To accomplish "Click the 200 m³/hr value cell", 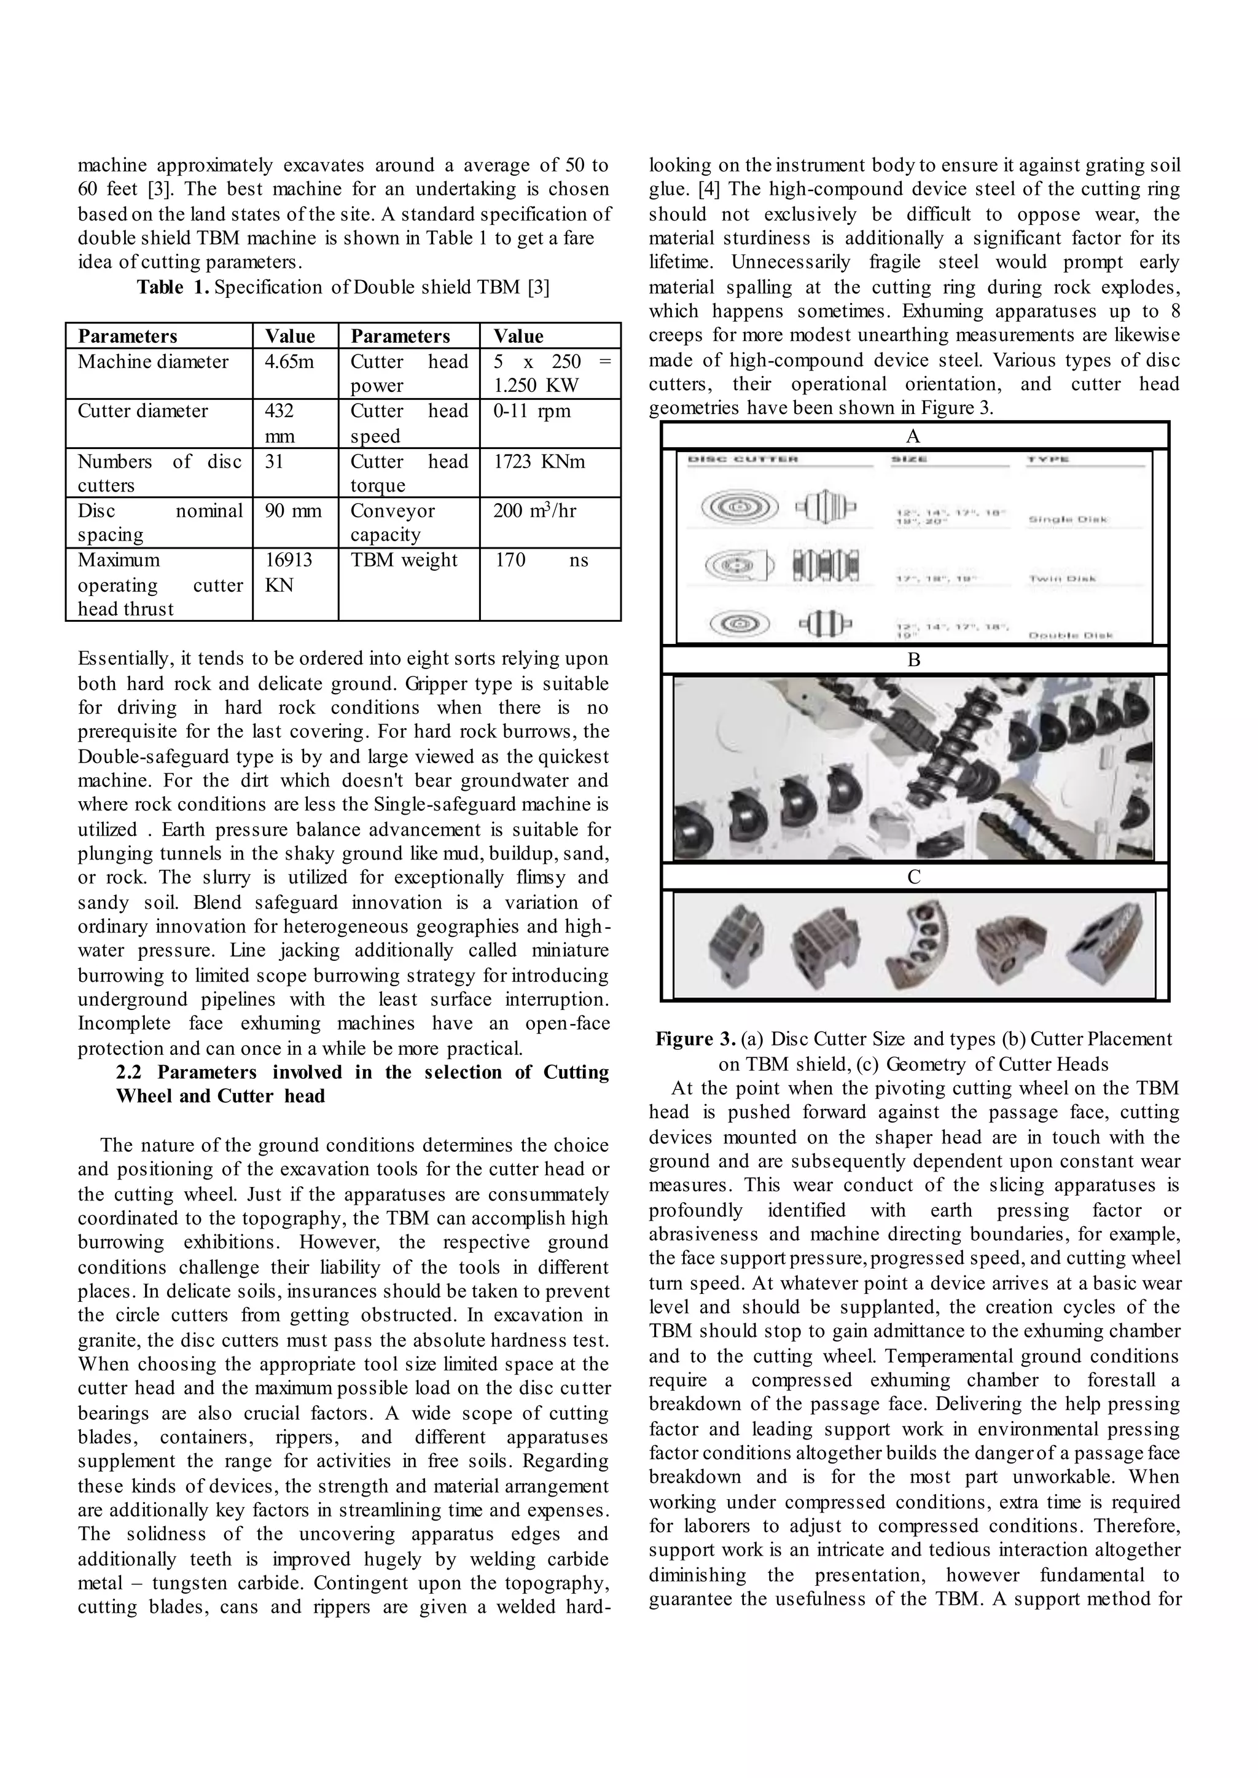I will click(534, 511).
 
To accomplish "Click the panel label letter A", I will click(913, 436).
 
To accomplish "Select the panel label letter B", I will click(913, 660).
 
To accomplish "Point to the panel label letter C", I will click(913, 877).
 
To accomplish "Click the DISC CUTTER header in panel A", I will click(742, 460).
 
